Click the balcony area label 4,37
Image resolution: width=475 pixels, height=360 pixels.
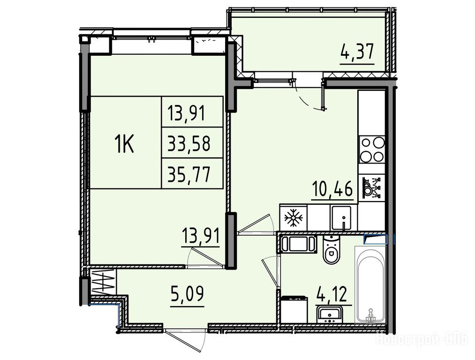357,52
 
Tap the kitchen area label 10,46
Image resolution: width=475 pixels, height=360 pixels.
333,189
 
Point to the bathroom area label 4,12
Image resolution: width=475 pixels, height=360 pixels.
331,294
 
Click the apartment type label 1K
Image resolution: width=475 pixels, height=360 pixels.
125,144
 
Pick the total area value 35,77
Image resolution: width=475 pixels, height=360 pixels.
189,175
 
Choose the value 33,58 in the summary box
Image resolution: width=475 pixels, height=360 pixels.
189,143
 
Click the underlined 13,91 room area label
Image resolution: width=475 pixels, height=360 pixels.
201,236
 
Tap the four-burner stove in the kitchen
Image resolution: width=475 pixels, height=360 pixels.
372,150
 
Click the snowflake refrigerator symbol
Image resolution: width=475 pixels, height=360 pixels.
293,218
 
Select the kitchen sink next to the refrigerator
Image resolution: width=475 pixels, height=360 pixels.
342,217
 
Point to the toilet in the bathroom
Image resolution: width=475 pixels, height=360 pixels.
331,250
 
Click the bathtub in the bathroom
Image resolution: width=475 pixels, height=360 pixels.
370,285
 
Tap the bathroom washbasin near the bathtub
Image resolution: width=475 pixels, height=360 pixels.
329,314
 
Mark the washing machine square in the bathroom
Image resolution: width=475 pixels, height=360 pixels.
294,310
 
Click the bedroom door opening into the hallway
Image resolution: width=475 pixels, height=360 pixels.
206,258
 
